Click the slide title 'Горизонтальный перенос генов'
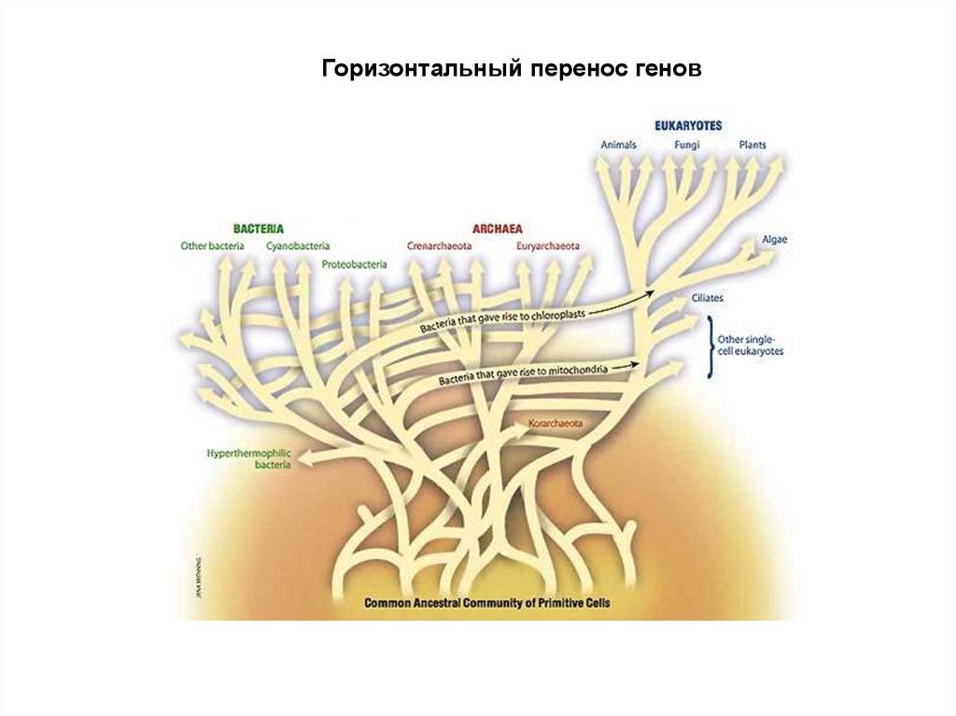click(511, 70)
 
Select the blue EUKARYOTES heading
click(687, 125)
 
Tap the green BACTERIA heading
click(259, 228)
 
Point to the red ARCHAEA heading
click(497, 228)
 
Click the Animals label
click(618, 145)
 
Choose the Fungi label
click(687, 145)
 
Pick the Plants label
click(752, 145)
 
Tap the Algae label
click(775, 240)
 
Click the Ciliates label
click(708, 298)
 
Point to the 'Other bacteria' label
click(212, 246)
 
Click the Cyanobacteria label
click(298, 246)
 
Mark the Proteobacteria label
click(354, 264)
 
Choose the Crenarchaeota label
click(439, 246)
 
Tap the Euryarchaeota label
click(548, 246)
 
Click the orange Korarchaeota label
click(555, 424)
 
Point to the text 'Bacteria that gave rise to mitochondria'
click(523, 375)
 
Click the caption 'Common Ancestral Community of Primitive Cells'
click(486, 603)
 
